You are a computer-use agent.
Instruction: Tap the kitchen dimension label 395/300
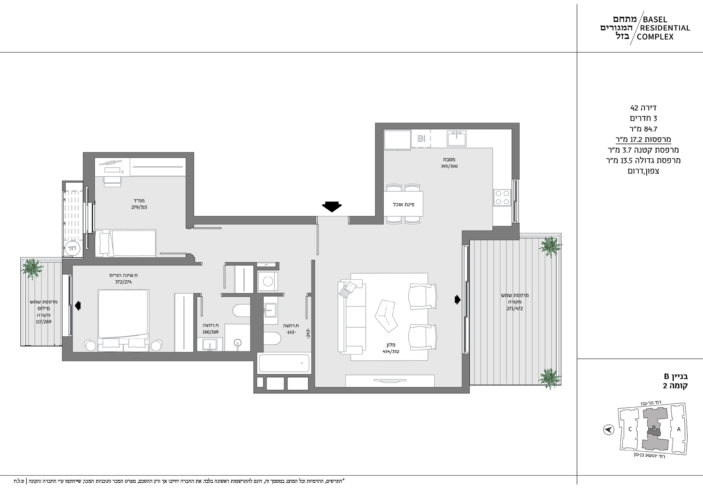pyautogui.click(x=449, y=166)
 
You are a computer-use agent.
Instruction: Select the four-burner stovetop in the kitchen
pyautogui.click(x=502, y=197)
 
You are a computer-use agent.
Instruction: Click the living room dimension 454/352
pyautogui.click(x=391, y=352)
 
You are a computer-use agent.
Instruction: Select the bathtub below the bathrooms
pyautogui.click(x=284, y=363)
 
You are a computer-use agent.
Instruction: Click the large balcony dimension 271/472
pyautogui.click(x=514, y=309)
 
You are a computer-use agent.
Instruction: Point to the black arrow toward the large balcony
pyautogui.click(x=457, y=299)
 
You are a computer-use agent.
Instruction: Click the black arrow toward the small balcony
pyautogui.click(x=78, y=305)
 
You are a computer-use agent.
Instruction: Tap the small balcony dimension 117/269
pyautogui.click(x=44, y=322)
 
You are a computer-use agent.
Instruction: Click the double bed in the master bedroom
pyautogui.click(x=124, y=320)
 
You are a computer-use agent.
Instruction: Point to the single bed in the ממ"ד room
pyautogui.click(x=125, y=243)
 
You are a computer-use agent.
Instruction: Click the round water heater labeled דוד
pyautogui.click(x=73, y=248)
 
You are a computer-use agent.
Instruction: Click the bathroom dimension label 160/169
pyautogui.click(x=210, y=332)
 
